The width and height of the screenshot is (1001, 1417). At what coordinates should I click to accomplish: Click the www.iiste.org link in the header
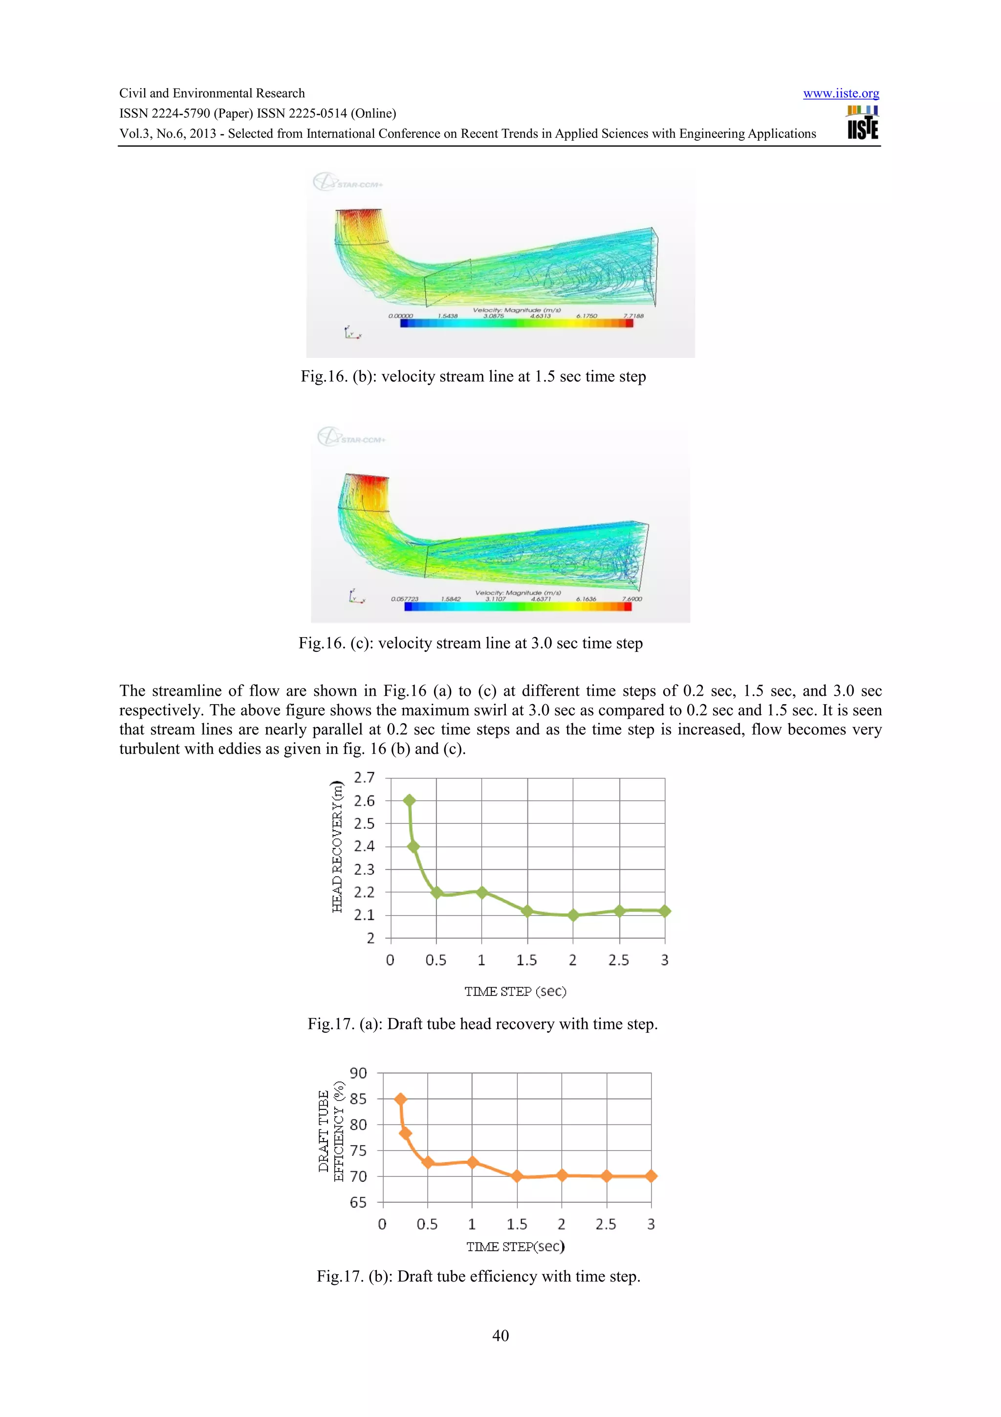pyautogui.click(x=841, y=93)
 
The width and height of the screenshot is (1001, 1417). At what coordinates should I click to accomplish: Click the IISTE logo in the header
pyautogui.click(x=862, y=123)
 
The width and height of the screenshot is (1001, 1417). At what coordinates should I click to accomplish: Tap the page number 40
pyautogui.click(x=500, y=1335)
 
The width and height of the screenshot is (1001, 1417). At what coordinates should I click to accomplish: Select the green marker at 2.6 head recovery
pyautogui.click(x=409, y=800)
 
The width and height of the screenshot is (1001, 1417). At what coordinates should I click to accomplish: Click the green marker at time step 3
pyautogui.click(x=664, y=911)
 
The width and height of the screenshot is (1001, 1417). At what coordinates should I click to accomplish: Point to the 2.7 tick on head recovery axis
pyautogui.click(x=364, y=777)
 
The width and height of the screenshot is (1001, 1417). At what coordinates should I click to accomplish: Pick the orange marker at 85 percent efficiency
pyautogui.click(x=400, y=1099)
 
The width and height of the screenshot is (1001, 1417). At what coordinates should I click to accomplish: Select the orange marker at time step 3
pyautogui.click(x=651, y=1176)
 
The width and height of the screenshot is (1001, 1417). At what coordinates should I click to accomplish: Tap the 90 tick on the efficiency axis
pyautogui.click(x=358, y=1073)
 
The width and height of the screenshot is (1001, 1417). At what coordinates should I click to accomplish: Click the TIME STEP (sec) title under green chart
pyautogui.click(x=515, y=991)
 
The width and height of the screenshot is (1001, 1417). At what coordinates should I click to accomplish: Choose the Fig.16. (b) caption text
pyautogui.click(x=473, y=376)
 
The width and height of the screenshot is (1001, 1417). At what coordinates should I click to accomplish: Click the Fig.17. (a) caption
pyautogui.click(x=482, y=1024)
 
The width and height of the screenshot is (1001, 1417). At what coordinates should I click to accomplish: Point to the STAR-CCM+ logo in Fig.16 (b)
pyautogui.click(x=348, y=183)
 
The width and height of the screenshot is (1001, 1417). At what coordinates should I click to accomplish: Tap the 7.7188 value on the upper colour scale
pyautogui.click(x=633, y=316)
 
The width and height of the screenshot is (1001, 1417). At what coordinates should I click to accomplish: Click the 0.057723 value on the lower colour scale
pyautogui.click(x=405, y=598)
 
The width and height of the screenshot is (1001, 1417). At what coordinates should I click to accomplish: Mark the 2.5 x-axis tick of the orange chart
pyautogui.click(x=606, y=1224)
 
